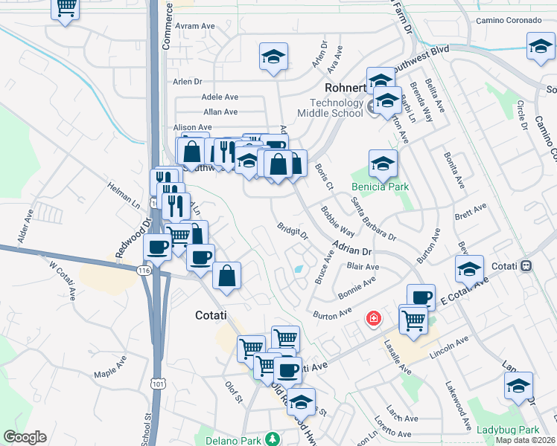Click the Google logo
25,437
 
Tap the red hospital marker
373,319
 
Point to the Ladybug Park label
508,430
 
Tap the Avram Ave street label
195,26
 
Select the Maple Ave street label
110,369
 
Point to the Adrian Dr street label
351,247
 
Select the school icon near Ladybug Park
518,384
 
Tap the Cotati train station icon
526,265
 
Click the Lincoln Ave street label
450,345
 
